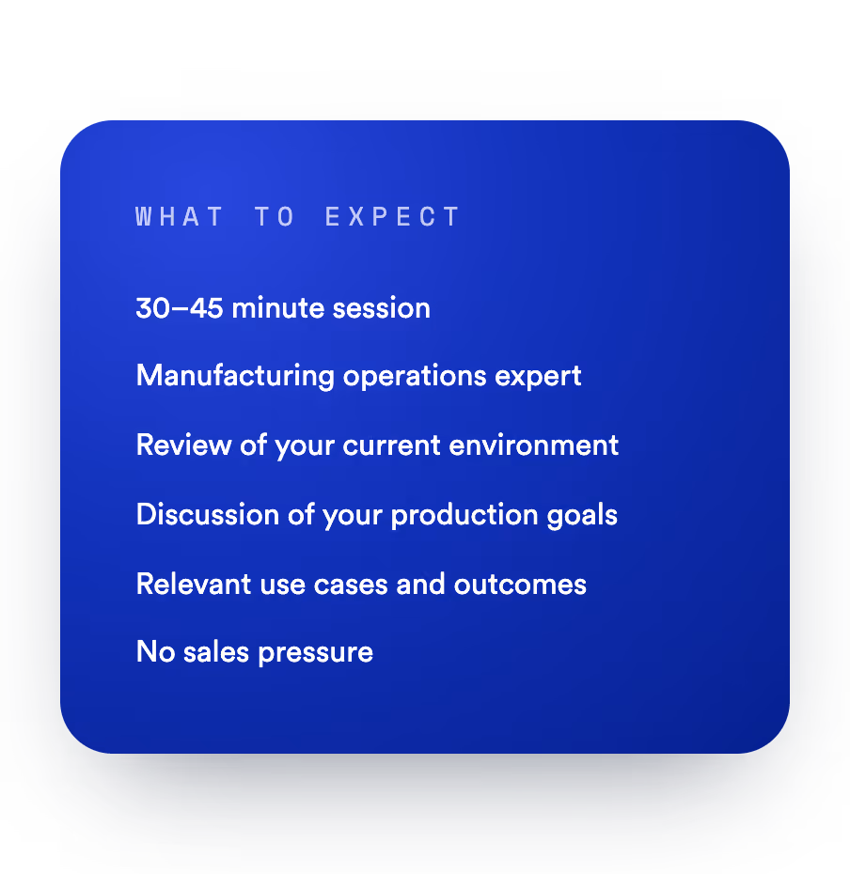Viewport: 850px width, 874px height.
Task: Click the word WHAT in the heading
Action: pos(179,217)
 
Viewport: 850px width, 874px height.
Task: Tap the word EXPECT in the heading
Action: pos(392,217)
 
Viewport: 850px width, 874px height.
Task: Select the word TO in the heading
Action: pos(275,217)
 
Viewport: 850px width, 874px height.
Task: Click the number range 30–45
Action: pos(180,308)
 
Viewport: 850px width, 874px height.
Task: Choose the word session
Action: pos(382,308)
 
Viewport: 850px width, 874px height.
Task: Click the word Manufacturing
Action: pos(235,376)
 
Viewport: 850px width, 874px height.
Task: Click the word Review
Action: pos(184,445)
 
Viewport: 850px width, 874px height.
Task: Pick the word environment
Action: pos(534,445)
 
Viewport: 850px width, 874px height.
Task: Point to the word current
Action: pos(391,445)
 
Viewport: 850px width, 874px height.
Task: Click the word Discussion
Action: pos(208,514)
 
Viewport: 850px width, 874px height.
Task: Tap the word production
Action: pos(464,515)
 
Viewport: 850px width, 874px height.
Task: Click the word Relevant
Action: pos(194,585)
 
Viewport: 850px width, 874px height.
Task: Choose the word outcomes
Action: pos(520,585)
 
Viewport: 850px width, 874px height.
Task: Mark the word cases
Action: pos(351,585)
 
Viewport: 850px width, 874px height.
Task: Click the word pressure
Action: pos(316,653)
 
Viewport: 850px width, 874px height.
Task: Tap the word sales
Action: pos(216,651)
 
